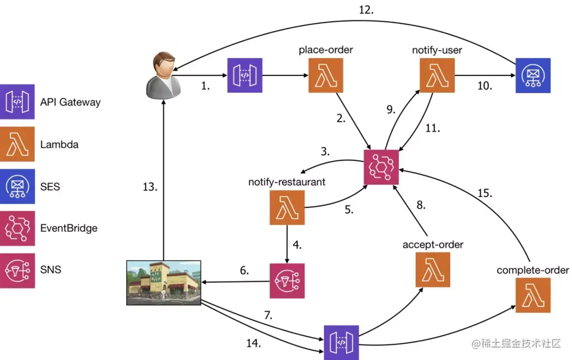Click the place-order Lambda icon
click(326, 75)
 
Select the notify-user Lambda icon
click(437, 75)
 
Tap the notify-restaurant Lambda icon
click(287, 208)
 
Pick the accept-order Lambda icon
click(433, 269)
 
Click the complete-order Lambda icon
click(533, 295)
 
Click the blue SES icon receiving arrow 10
click(533, 75)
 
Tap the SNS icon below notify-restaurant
click(287, 281)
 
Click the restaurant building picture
click(164, 282)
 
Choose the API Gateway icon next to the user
click(244, 75)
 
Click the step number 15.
click(484, 194)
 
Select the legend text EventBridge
click(69, 228)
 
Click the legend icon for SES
click(17, 186)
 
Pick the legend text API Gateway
click(70, 102)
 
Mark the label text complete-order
click(532, 271)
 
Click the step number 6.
click(244, 270)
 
